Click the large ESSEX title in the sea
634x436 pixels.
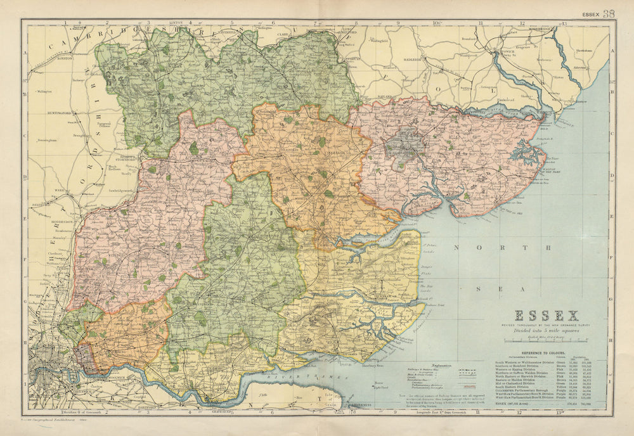(546, 316)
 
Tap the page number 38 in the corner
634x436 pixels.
(609, 14)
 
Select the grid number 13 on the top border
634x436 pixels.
(562, 23)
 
